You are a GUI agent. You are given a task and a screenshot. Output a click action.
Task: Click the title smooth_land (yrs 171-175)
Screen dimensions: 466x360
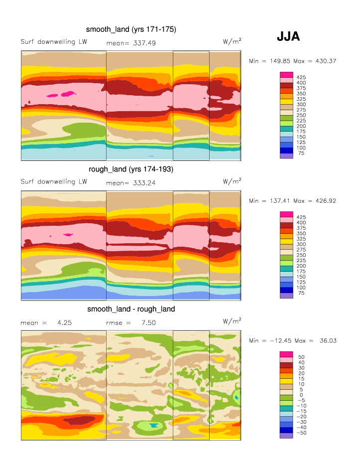click(131, 30)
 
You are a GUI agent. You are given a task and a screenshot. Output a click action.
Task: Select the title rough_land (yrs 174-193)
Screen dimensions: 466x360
click(131, 169)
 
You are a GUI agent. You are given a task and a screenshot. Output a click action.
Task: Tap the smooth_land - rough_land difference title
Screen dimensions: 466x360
click(131, 309)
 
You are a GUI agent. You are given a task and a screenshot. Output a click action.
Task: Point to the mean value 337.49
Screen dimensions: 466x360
click(144, 43)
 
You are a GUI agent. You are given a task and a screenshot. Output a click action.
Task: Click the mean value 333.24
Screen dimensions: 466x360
click(144, 182)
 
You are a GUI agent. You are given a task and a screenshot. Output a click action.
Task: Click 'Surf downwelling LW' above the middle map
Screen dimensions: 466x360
click(54, 181)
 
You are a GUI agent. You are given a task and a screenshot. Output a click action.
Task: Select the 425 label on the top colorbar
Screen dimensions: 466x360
click(301, 77)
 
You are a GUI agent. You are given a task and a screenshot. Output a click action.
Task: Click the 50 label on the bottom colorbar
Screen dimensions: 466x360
click(301, 357)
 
